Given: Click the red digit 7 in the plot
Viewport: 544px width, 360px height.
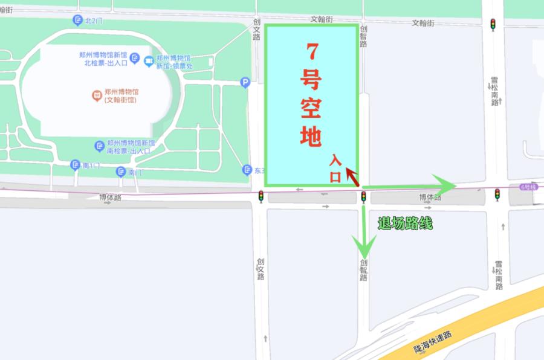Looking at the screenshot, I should (311, 53).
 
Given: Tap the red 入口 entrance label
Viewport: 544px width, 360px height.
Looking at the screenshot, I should (335, 168).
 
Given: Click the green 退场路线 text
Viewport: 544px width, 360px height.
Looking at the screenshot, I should (405, 223).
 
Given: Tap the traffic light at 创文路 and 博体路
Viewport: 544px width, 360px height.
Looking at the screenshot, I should (261, 196).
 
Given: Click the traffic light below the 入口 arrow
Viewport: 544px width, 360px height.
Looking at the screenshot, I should (364, 196).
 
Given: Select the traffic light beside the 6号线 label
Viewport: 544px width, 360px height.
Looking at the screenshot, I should (497, 194).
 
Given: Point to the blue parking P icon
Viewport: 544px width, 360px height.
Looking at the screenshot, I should (245, 83).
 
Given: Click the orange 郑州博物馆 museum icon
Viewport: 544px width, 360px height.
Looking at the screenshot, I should (96, 95).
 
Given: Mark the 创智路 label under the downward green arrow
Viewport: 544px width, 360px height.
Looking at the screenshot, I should (363, 270).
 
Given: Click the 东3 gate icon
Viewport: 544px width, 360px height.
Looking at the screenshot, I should (247, 170).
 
